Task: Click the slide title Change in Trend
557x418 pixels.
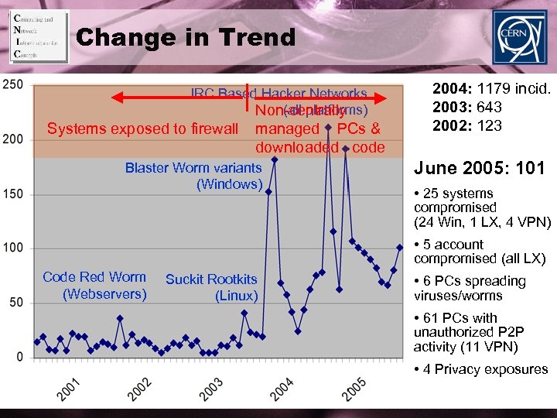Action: [186, 37]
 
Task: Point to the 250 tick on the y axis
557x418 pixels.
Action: [13, 84]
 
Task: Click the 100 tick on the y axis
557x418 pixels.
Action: [13, 248]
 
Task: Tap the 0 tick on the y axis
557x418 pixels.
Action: [19, 357]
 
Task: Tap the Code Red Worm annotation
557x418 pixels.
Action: [94, 285]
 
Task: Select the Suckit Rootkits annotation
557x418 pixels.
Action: [211, 287]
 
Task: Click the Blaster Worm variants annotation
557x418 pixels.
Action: [193, 176]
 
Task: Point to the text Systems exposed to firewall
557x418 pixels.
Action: [142, 128]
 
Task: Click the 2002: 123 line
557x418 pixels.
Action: [467, 125]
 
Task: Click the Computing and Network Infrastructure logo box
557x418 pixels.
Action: [38, 36]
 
